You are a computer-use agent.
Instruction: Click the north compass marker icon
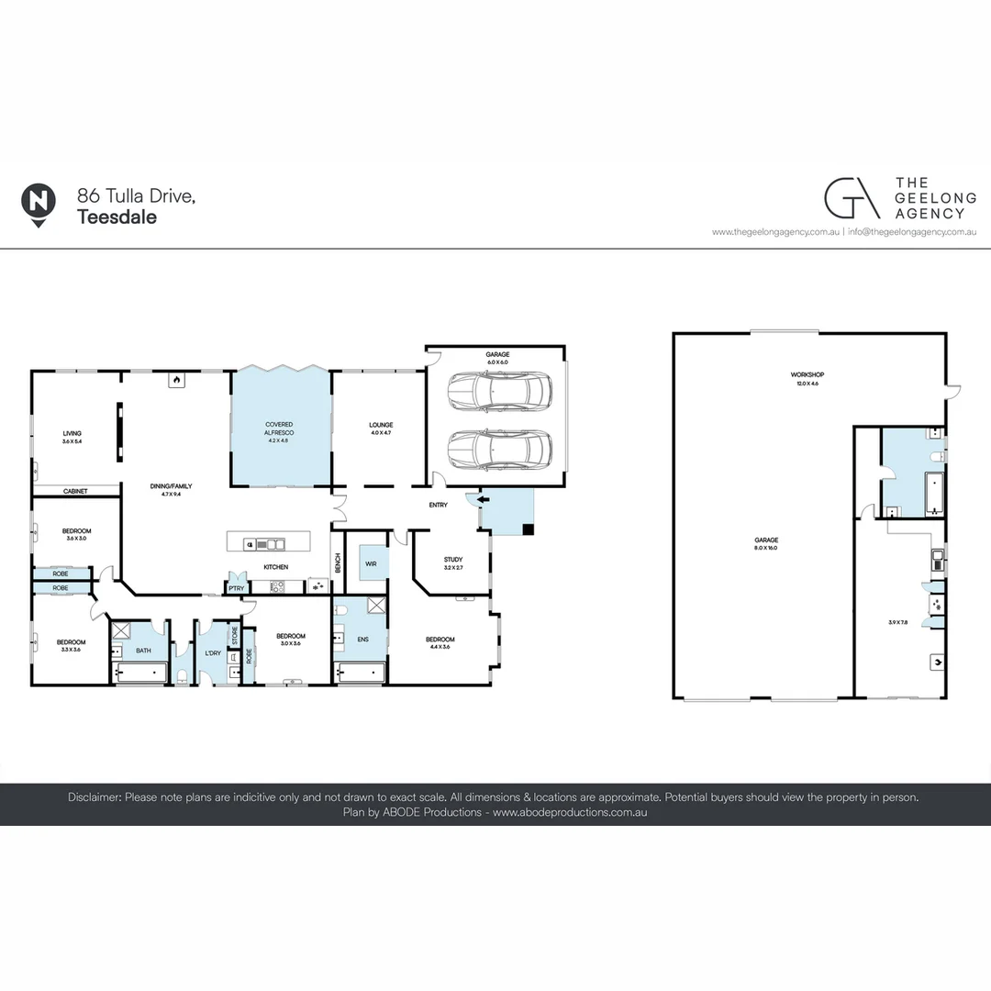[38, 202]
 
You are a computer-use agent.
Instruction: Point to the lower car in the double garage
[500, 450]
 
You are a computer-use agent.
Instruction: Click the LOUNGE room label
[381, 425]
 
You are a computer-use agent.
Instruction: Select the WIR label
[371, 563]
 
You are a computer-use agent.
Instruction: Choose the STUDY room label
[452, 559]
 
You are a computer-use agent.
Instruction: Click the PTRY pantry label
[236, 588]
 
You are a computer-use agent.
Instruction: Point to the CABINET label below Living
[75, 492]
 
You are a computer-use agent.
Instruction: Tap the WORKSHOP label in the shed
[807, 374]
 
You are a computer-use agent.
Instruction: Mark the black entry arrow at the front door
[484, 499]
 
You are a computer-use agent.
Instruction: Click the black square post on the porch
[528, 529]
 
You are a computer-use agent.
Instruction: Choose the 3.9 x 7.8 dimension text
[899, 623]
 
